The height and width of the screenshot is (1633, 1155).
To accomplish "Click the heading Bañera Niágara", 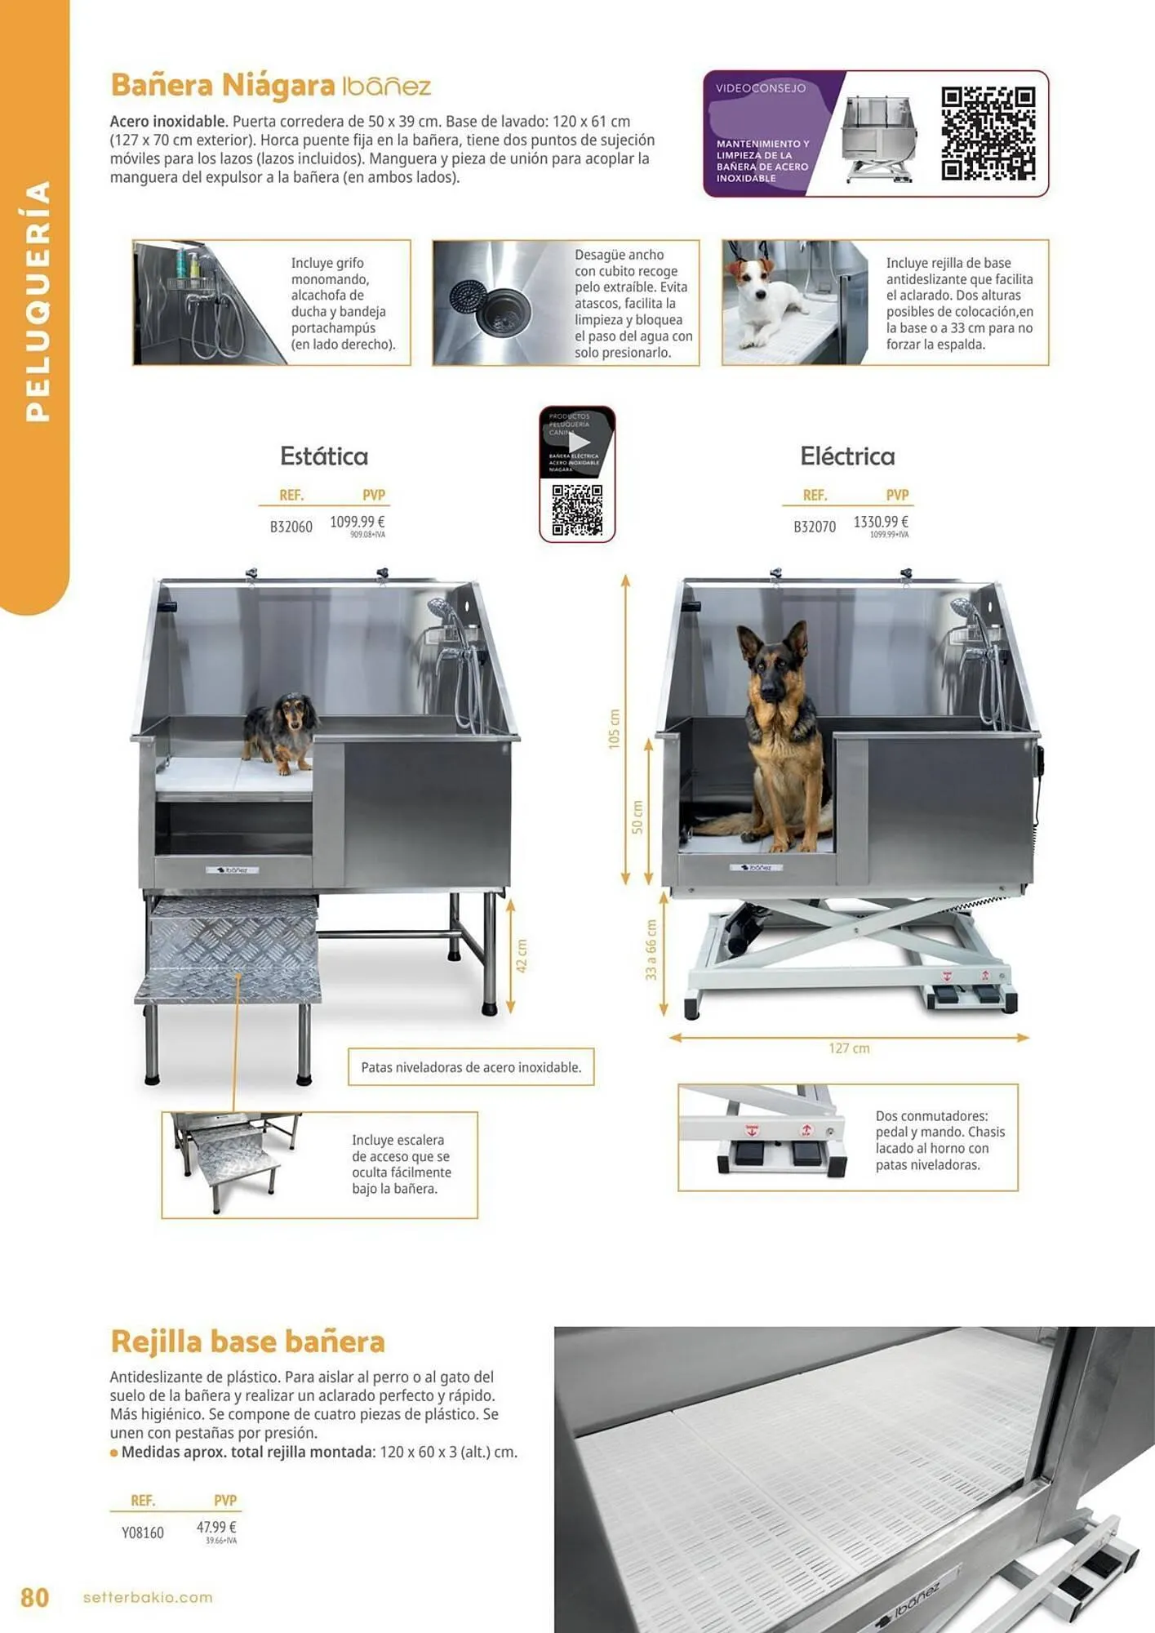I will pyautogui.click(x=222, y=85).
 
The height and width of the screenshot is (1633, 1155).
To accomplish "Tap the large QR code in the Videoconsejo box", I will pyautogui.click(x=988, y=133).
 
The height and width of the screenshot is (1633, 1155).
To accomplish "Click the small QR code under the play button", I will pyautogui.click(x=577, y=510).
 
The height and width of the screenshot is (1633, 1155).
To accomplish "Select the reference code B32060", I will pyautogui.click(x=291, y=527).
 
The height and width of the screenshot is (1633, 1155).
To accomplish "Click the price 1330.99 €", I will pyautogui.click(x=880, y=522).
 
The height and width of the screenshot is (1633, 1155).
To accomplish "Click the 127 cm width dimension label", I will pyautogui.click(x=849, y=1048).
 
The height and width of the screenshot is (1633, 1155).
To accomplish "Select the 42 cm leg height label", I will pyautogui.click(x=522, y=955).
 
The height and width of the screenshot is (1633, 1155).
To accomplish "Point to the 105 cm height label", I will pyautogui.click(x=614, y=728).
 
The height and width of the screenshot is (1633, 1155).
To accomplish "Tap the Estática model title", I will pyautogui.click(x=324, y=456).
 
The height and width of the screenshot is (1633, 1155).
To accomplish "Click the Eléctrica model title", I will pyautogui.click(x=847, y=456).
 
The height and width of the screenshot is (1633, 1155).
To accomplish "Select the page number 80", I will pyautogui.click(x=34, y=1597).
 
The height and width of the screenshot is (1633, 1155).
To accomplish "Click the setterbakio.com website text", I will pyautogui.click(x=148, y=1597).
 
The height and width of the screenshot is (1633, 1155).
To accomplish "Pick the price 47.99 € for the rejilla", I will pyautogui.click(x=216, y=1527).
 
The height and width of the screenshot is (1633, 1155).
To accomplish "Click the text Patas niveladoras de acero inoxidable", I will pyautogui.click(x=471, y=1067).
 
